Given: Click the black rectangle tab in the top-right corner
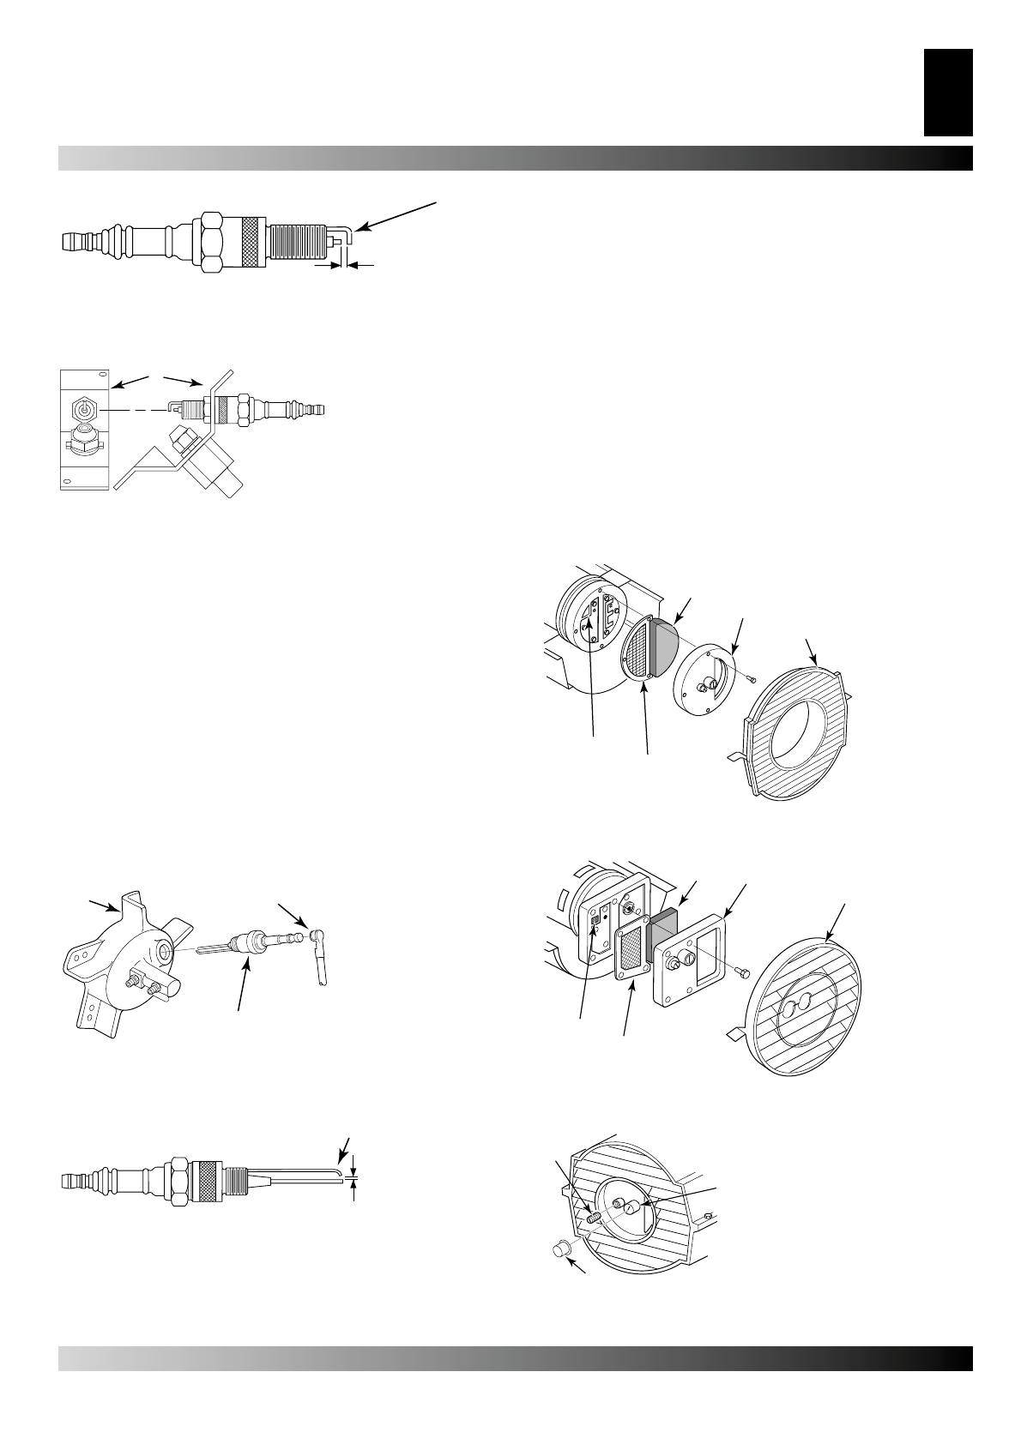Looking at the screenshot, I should coord(948,92).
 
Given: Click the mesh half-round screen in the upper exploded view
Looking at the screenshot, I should coord(636,652).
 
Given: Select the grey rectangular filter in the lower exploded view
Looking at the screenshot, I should coord(663,936).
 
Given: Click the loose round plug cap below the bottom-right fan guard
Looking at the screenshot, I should coord(560,1252).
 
